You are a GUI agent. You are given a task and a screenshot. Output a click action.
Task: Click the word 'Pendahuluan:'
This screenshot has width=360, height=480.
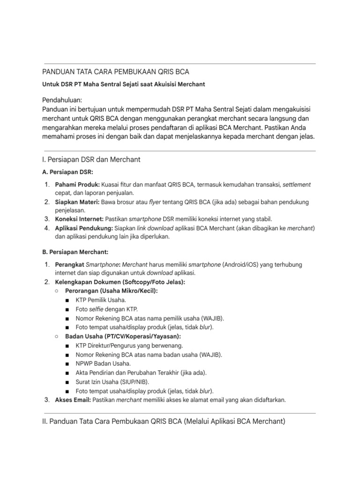[62, 100]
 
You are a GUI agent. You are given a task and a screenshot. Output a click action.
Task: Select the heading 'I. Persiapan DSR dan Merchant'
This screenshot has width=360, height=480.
[91, 160]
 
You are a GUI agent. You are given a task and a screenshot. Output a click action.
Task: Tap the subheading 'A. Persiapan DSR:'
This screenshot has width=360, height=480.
[67, 172]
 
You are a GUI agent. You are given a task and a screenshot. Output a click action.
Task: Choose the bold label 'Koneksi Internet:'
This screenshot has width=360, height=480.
[79, 219]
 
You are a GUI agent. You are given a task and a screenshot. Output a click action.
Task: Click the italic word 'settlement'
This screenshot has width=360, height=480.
[296, 185]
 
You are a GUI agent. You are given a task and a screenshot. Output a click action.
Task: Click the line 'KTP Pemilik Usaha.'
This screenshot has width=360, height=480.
[101, 300]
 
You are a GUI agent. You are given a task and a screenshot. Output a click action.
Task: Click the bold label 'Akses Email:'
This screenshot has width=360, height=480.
[73, 400]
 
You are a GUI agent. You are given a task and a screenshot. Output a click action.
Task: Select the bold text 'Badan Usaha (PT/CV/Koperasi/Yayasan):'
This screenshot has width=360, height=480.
[123, 337]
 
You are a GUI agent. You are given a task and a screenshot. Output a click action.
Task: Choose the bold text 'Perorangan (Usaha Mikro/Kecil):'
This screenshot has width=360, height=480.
[112, 291]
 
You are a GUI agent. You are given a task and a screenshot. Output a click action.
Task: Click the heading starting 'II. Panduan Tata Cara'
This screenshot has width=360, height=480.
[164, 421]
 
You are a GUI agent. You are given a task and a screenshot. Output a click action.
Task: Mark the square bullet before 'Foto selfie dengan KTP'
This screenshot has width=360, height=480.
[68, 309]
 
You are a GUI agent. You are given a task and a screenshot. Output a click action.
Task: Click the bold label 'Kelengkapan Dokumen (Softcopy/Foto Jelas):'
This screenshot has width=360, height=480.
[120, 282]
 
